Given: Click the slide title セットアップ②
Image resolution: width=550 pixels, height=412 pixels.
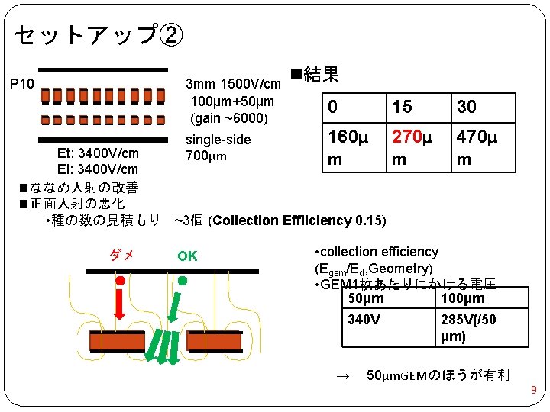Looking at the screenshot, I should (98, 34).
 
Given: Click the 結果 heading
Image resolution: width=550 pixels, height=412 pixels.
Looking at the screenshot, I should (315, 75).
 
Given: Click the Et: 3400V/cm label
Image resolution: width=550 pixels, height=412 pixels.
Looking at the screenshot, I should (98, 153).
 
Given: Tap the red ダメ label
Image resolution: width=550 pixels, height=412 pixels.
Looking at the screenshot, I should (121, 256).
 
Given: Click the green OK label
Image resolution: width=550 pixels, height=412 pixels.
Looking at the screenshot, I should (187, 256).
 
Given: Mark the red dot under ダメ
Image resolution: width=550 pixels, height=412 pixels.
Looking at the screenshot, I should (120, 282).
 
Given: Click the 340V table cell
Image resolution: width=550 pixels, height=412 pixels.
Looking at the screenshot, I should (364, 320).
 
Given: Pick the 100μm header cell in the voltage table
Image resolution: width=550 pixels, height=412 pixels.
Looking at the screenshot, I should (463, 298).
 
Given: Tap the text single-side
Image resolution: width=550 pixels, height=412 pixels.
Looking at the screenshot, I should (218, 140).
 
